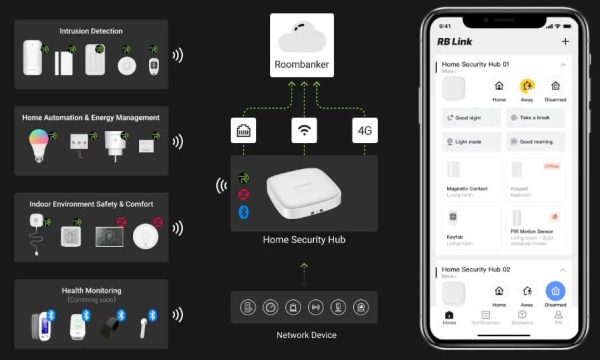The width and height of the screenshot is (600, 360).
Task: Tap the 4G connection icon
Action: (x=365, y=131)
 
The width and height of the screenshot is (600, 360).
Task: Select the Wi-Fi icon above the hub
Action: (x=303, y=131)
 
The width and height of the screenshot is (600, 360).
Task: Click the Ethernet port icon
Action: (x=241, y=131)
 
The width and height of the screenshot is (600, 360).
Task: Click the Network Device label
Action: (x=306, y=334)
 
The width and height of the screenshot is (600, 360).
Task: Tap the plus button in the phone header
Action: (x=565, y=42)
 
